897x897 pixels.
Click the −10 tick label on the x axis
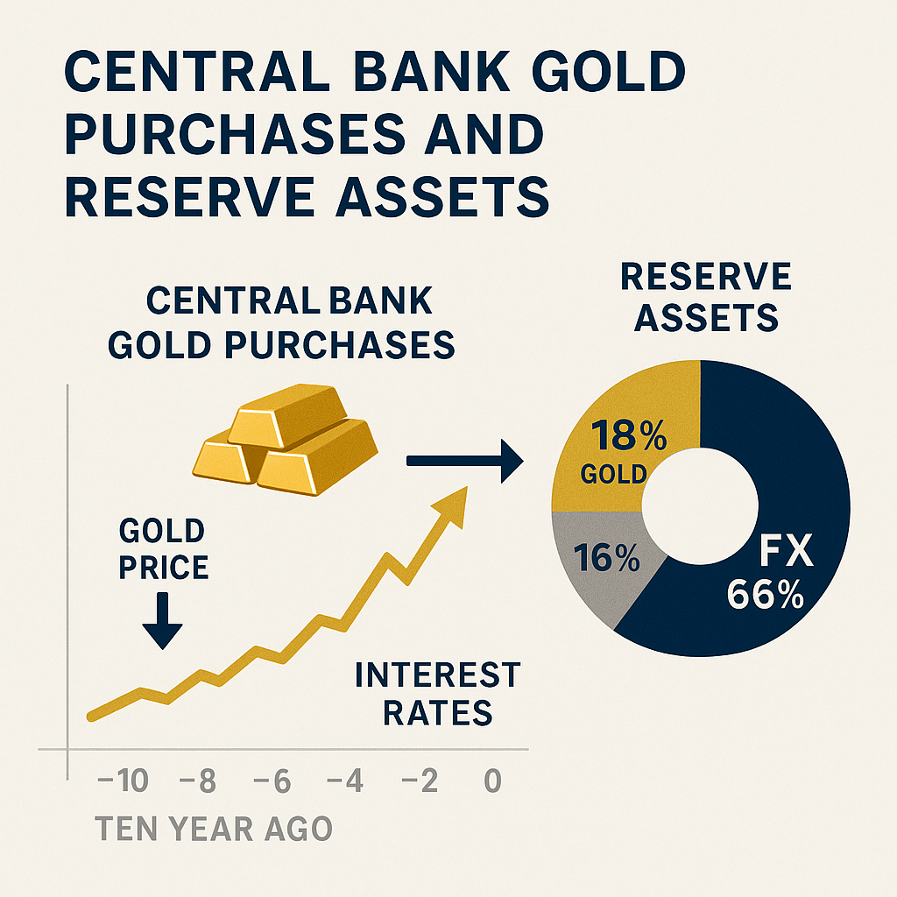point(123,780)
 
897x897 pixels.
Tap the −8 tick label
point(198,780)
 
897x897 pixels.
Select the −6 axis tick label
point(272,780)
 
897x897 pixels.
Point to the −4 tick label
point(345,780)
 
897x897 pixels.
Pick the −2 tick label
point(420,780)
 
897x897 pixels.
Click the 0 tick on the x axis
point(492,780)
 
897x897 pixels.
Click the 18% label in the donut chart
point(629,435)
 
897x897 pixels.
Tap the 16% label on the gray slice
point(606,558)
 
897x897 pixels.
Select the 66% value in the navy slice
point(766,594)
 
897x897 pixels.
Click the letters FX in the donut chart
point(787,551)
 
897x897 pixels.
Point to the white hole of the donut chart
point(700,506)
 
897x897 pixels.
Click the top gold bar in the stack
point(287,415)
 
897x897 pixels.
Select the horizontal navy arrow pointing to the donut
point(464,461)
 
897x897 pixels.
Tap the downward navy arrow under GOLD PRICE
point(162,621)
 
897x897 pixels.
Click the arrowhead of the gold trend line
point(452,506)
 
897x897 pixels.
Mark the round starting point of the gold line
point(91,717)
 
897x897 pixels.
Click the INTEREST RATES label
point(438,694)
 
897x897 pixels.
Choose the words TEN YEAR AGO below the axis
point(214,829)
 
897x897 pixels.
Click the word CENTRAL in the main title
point(197,72)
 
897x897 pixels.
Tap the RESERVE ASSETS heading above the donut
point(706,297)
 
